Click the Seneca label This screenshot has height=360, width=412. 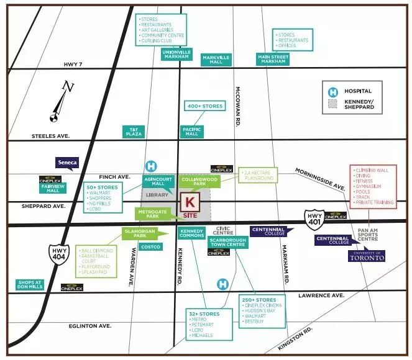click(66, 163)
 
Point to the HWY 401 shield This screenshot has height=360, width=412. click(313, 217)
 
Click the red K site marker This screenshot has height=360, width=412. click(190, 202)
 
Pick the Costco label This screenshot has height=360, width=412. click(151, 247)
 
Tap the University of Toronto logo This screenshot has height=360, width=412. click(367, 255)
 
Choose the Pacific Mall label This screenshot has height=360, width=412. click(192, 132)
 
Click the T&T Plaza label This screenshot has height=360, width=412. click(134, 132)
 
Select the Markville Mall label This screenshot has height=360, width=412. click(216, 60)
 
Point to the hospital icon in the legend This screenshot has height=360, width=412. click(332, 91)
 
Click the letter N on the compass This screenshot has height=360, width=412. click(69, 88)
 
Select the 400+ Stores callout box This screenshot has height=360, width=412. click(204, 106)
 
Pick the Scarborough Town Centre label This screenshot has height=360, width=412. click(227, 242)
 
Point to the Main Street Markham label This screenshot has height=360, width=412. click(272, 59)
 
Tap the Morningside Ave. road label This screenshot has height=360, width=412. click(320, 178)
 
